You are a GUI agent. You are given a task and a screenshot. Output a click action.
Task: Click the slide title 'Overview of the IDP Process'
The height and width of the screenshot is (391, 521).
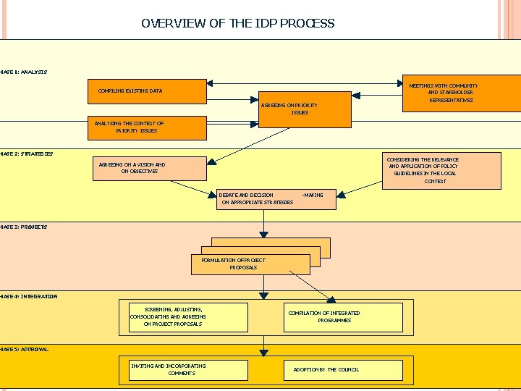pos(238,23)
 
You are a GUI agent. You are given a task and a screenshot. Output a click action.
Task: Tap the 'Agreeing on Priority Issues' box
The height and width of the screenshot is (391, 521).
pos(299,109)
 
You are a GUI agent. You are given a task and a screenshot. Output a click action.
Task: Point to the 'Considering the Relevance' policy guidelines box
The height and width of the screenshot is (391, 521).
pos(441,170)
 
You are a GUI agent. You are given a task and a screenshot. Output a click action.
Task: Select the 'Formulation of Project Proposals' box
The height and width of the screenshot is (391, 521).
pos(250,264)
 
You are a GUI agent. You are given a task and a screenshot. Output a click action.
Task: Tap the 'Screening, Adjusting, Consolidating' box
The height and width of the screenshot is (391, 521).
pos(187,317)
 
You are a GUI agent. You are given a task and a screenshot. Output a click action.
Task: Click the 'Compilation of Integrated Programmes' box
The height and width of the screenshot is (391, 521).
pos(342,317)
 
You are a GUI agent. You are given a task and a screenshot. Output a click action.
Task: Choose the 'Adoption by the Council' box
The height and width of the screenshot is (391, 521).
pos(342,370)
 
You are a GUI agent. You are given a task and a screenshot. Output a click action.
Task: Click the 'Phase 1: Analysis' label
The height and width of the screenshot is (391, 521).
pos(23,72)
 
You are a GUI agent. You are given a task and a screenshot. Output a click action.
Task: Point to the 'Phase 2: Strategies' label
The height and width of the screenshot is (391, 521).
pos(26,154)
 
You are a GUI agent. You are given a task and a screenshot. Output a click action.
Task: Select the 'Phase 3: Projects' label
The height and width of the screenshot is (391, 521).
pos(23,227)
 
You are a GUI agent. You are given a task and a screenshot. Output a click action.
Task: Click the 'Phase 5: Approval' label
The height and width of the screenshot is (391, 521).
pos(25,350)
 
